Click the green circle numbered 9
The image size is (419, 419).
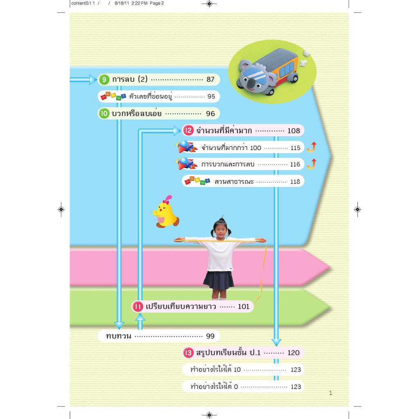[104, 80]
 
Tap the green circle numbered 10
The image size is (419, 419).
[104, 113]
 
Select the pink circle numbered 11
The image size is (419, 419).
[137, 306]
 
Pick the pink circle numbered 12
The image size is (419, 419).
[188, 131]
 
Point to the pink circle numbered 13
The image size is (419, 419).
[188, 353]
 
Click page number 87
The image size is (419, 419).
[211, 80]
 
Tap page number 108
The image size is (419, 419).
[294, 131]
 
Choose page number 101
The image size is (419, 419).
[243, 306]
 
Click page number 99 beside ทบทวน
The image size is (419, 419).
[210, 336]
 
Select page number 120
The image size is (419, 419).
[293, 353]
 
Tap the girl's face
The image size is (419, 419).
[221, 230]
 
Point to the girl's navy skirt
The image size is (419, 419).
[219, 280]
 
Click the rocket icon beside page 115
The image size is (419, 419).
[187, 147]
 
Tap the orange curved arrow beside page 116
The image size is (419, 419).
[312, 164]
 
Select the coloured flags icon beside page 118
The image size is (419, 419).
[197, 181]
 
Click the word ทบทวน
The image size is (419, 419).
[119, 336]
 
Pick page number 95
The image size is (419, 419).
[211, 97]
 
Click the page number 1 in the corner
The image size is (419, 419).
[331, 394]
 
